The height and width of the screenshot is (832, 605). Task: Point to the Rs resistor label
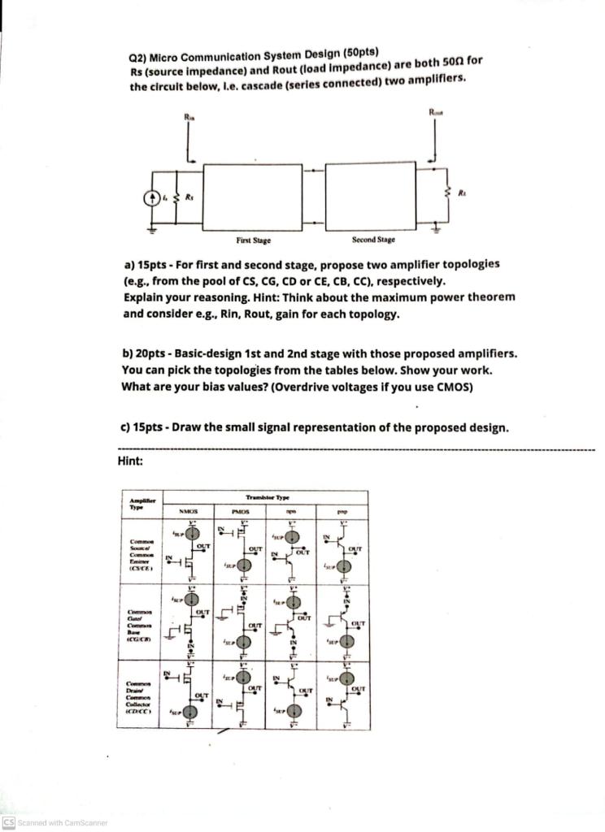pos(189,197)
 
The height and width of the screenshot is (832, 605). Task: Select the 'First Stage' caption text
pos(253,241)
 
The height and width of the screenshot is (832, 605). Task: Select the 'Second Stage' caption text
pos(373,240)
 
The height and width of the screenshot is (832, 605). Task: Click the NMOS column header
pos(188,512)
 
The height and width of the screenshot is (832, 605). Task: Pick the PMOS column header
pos(239,512)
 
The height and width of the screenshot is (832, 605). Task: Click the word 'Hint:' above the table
pos(131,461)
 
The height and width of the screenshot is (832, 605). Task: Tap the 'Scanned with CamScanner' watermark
pos(54,822)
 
